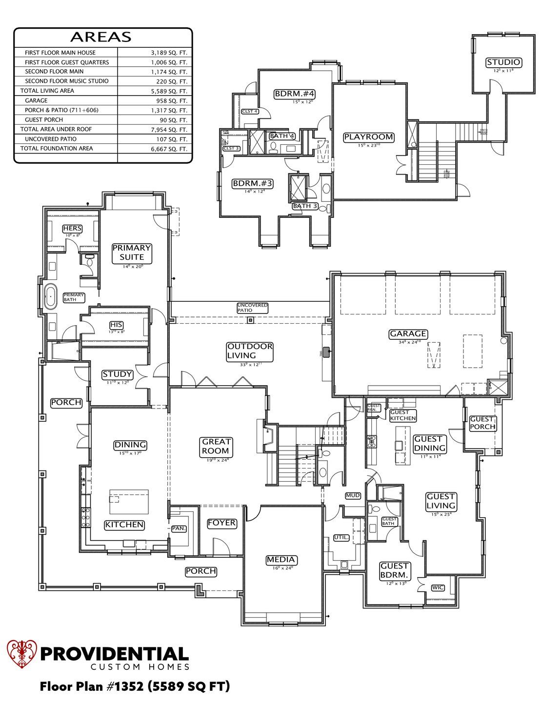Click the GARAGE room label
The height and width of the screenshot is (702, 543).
click(x=408, y=334)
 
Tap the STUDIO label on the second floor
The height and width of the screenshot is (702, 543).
click(x=503, y=62)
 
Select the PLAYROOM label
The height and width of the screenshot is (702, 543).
click(x=368, y=137)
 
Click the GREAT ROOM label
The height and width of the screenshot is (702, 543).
click(x=217, y=446)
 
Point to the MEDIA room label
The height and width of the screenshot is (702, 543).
click(x=281, y=560)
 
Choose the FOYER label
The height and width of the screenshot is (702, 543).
click(x=222, y=523)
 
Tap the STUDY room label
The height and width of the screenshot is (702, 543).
click(x=117, y=374)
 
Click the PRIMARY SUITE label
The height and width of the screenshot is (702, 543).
click(x=132, y=252)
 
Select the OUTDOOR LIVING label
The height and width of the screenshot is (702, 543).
click(x=250, y=351)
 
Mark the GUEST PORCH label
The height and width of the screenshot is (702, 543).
click(x=482, y=423)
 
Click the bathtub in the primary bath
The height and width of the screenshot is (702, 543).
click(x=51, y=297)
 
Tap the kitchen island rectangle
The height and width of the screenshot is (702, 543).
click(x=129, y=502)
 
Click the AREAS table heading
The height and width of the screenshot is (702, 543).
click(x=101, y=37)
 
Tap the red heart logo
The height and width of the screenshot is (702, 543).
click(x=22, y=654)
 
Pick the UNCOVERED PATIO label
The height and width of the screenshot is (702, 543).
click(x=252, y=308)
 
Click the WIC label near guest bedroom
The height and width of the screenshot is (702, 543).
click(x=438, y=587)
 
